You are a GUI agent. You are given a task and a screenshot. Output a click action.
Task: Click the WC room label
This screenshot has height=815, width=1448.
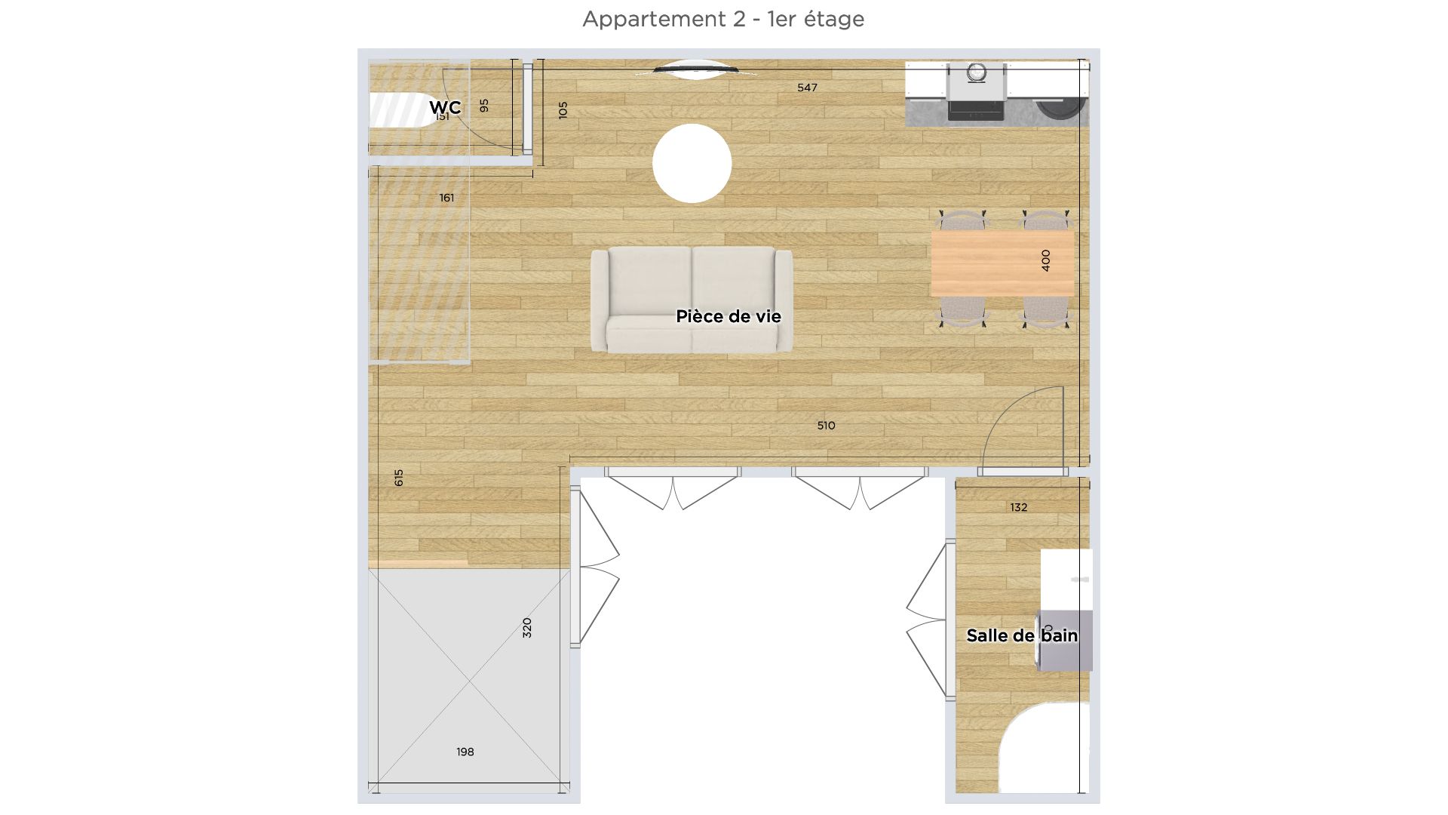445,107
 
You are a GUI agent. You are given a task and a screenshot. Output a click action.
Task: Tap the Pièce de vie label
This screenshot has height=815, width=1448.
728,316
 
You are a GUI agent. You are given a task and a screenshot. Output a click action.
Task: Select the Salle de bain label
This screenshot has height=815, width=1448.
1022,635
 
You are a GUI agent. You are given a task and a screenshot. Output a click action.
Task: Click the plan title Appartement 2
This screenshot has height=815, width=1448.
723,19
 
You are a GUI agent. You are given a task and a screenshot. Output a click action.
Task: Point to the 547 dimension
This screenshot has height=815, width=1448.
807,88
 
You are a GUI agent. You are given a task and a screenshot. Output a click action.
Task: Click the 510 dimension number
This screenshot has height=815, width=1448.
826,426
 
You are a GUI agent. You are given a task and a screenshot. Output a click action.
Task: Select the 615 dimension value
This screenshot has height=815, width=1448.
399,478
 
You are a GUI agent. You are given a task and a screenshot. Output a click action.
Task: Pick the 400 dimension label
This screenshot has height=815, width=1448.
1045,260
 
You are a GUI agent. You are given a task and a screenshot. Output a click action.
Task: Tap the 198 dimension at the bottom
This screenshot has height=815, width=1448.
465,752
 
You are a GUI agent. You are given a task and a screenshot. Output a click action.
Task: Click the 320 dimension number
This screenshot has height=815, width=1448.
527,628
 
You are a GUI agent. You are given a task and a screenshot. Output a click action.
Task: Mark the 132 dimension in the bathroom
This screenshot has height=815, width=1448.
1019,507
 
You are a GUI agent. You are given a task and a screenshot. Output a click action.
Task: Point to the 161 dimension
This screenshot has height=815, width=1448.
446,198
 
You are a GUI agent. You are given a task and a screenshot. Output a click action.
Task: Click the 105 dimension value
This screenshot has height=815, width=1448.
563,109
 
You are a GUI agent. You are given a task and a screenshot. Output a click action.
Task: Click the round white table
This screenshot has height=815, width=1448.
692,163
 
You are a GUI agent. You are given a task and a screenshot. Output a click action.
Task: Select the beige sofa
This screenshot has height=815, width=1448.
692,299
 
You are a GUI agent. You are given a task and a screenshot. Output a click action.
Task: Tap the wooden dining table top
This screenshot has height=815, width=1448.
988,263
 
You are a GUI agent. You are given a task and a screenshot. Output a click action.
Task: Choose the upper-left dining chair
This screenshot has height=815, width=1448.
961,220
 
